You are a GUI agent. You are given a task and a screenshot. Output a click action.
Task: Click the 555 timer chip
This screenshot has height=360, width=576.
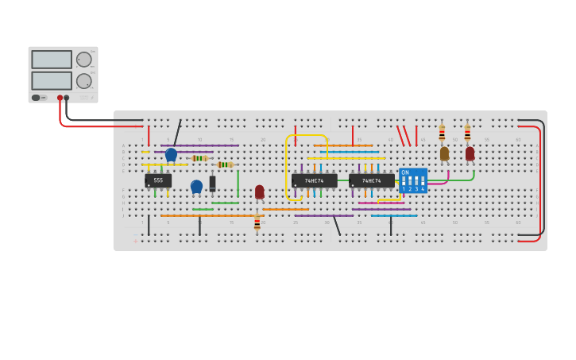click(x=158, y=180)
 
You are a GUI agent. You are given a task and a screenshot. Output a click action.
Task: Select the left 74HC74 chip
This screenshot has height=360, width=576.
click(x=315, y=180)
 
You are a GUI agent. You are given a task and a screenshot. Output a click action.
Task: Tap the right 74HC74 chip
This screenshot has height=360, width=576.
click(x=371, y=180)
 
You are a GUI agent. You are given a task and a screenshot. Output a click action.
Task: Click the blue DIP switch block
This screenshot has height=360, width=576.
click(x=413, y=180)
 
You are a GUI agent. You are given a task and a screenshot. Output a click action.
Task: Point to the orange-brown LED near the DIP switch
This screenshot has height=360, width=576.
click(x=444, y=153)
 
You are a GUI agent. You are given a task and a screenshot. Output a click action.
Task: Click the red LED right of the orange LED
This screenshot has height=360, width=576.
click(x=470, y=153)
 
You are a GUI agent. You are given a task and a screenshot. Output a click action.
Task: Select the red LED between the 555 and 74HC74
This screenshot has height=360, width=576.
click(x=259, y=192)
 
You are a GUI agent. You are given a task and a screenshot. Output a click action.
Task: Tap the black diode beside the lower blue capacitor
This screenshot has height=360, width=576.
click(x=212, y=184)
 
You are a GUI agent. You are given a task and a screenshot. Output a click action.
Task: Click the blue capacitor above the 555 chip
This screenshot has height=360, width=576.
click(x=171, y=154)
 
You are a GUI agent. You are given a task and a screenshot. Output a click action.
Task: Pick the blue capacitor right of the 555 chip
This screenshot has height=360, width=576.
click(x=196, y=186)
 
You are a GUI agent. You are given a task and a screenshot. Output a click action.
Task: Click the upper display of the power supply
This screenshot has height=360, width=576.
click(x=52, y=60)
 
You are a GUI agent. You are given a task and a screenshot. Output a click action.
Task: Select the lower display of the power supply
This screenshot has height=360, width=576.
click(x=52, y=80)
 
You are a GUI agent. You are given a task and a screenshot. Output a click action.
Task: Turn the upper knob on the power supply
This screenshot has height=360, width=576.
click(x=83, y=60)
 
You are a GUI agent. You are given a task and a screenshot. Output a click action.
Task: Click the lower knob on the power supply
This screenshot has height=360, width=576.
click(x=83, y=80)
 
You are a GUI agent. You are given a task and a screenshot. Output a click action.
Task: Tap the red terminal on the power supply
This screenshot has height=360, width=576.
click(x=60, y=98)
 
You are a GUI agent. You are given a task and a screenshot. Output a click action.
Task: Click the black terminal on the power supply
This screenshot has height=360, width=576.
click(x=67, y=98)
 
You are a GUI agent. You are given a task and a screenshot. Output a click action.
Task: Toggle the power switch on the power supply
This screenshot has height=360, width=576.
click(x=36, y=98)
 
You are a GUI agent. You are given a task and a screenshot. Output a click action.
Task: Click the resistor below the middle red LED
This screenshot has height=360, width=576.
click(x=257, y=223)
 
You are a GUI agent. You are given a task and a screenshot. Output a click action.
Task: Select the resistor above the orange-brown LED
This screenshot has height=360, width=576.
click(x=442, y=133)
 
